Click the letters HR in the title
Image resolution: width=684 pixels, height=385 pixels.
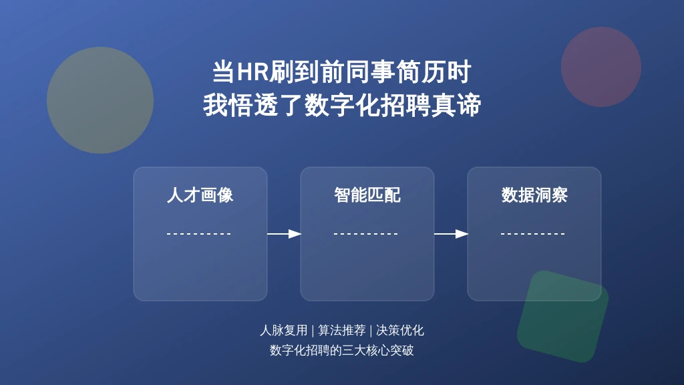point(252,72)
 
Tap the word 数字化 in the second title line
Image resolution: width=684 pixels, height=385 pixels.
point(342,105)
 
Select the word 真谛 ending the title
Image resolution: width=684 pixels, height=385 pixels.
point(456,105)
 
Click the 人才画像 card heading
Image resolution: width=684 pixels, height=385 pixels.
point(200,195)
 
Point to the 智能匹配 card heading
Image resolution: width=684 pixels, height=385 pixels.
point(367,195)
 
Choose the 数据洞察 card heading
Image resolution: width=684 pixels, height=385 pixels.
point(534,195)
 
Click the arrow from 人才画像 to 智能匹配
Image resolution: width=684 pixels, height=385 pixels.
point(284,234)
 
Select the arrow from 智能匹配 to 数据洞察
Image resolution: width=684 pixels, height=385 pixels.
point(451,234)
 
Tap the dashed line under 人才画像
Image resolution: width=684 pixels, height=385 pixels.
point(199,234)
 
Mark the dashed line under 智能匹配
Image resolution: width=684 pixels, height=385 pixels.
point(366,234)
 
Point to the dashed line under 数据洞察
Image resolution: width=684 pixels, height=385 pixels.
point(533,234)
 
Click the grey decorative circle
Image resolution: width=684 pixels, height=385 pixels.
point(100,100)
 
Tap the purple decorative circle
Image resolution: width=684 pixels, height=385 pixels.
point(601,67)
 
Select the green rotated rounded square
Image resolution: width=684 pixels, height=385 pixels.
point(562,316)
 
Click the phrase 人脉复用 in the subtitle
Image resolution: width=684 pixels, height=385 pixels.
point(283,330)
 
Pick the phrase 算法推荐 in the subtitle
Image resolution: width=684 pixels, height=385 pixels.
point(341,330)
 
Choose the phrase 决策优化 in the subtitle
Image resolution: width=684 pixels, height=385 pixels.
point(399,330)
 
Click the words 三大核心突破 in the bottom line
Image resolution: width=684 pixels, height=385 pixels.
point(378,350)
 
